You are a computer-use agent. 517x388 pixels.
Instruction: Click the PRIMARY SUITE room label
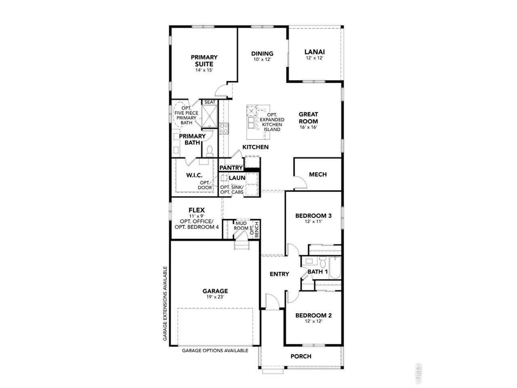204,61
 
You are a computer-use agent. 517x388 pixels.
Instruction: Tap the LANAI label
314,52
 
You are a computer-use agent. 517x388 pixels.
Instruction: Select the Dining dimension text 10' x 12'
262,59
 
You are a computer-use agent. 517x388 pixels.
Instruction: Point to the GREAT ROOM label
308,118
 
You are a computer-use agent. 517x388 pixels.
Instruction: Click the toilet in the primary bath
209,151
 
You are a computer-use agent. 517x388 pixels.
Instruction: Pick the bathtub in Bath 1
335,268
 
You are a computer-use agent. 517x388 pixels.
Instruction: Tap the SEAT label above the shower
210,102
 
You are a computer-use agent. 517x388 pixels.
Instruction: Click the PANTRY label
231,167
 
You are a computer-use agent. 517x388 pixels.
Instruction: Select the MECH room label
318,174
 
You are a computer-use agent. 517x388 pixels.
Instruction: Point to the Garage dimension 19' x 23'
215,297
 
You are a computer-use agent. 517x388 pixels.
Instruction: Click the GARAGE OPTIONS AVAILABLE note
215,350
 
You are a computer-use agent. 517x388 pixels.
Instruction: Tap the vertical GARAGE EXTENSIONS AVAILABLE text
165,304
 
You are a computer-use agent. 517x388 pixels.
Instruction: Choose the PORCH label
301,356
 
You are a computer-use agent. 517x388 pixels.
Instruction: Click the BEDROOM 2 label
313,315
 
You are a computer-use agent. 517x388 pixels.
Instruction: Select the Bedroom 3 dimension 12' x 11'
313,221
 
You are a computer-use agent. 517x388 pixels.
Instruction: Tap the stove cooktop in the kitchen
224,129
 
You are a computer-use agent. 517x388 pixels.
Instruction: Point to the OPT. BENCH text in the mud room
254,229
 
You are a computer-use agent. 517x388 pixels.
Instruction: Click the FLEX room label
196,210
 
